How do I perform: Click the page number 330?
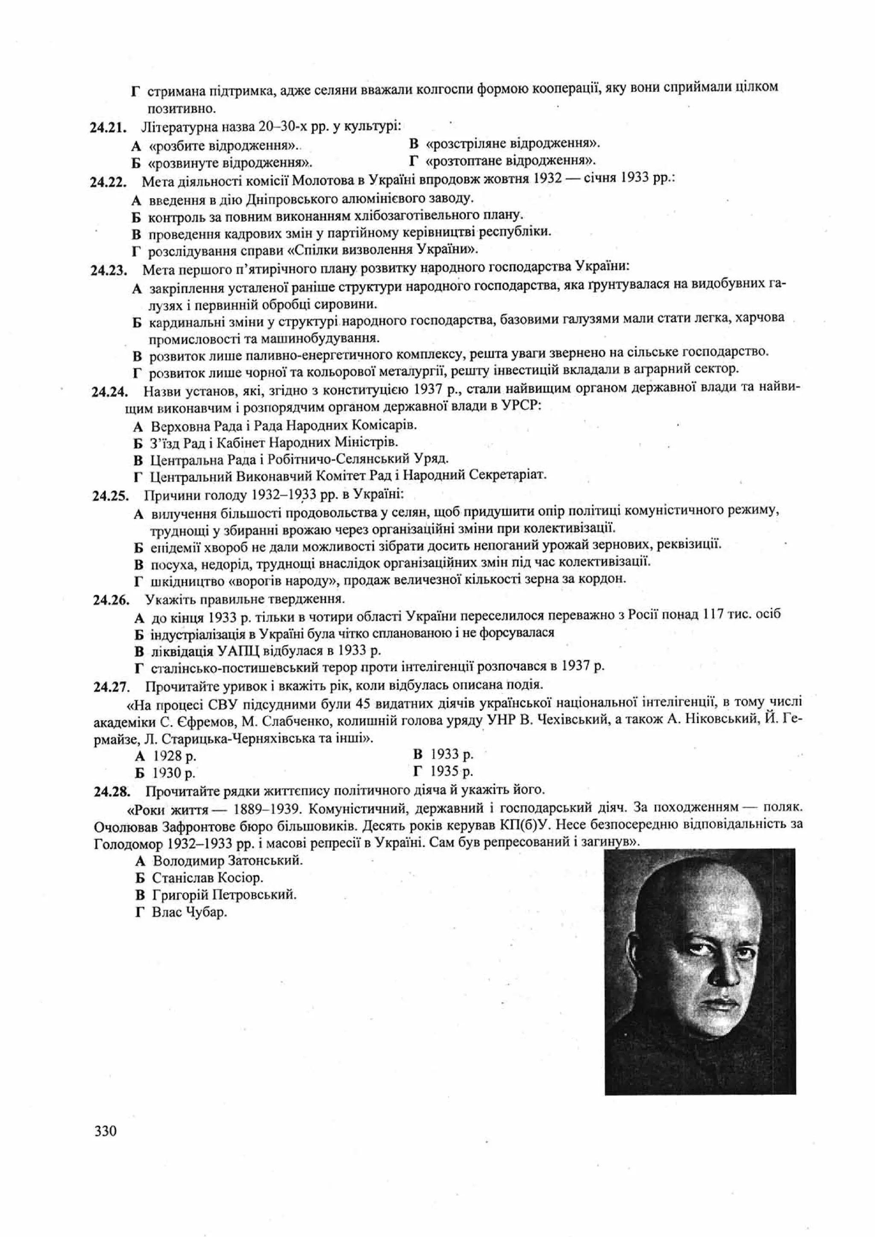pos(106,1130)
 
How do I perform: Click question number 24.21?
pos(108,128)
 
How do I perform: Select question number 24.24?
pos(109,392)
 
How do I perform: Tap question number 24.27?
pos(112,687)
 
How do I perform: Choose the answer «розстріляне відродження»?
pos(511,144)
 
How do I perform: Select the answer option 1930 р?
pos(173,773)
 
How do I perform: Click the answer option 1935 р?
pos(450,771)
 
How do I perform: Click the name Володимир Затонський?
pos(227,860)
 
